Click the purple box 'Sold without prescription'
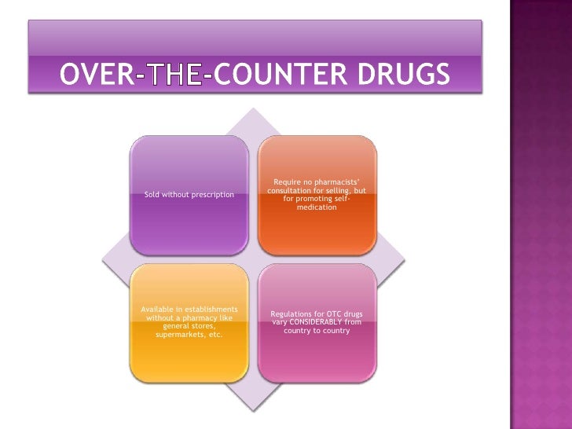click(x=189, y=194)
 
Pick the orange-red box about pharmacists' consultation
click(x=317, y=194)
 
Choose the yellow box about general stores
click(x=189, y=322)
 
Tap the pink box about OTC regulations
click(x=317, y=322)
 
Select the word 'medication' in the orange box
click(x=317, y=207)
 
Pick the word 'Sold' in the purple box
click(x=153, y=194)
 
